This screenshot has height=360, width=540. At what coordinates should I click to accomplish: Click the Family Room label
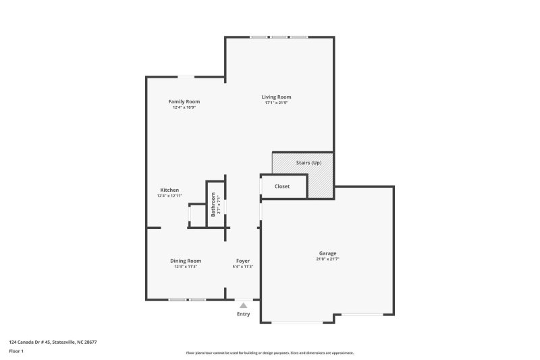(x=184, y=102)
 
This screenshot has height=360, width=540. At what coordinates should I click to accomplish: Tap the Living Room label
(x=277, y=97)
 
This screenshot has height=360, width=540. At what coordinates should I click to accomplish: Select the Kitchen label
(x=169, y=190)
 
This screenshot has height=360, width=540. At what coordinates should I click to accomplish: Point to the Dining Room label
(x=186, y=261)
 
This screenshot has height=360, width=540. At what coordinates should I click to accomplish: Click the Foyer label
(x=243, y=261)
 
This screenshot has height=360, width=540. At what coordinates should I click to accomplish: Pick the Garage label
(x=328, y=253)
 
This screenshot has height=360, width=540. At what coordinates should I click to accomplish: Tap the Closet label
(x=282, y=186)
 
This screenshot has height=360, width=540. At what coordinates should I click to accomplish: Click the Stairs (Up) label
(x=309, y=163)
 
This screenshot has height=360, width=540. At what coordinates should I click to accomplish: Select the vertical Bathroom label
(x=213, y=204)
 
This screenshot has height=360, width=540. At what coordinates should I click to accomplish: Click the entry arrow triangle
(x=243, y=305)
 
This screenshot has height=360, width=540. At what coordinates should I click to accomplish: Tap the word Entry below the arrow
(x=243, y=314)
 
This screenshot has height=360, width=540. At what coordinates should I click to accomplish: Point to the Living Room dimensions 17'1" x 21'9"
(x=277, y=103)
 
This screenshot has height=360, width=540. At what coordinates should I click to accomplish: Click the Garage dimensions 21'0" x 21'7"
(x=328, y=259)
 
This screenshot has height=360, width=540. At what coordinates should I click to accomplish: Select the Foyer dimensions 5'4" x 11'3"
(x=243, y=267)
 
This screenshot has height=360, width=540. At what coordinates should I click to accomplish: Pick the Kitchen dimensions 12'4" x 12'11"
(x=169, y=196)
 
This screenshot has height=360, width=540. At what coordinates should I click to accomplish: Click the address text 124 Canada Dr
(x=53, y=342)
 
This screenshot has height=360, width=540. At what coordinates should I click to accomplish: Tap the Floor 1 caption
(x=16, y=351)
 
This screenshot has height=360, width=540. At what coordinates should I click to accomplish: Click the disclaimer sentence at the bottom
(x=270, y=353)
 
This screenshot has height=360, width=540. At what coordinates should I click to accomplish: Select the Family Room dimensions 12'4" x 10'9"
(x=184, y=108)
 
